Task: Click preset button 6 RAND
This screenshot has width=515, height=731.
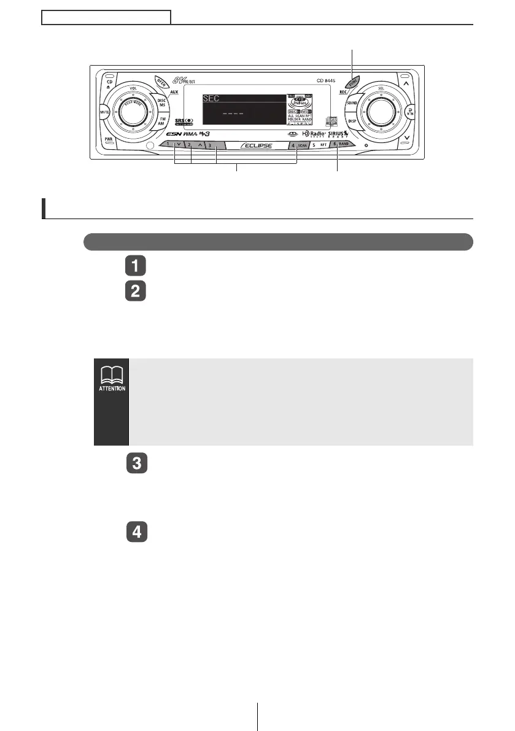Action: [x=339, y=145]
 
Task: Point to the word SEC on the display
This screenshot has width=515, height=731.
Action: [x=211, y=98]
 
